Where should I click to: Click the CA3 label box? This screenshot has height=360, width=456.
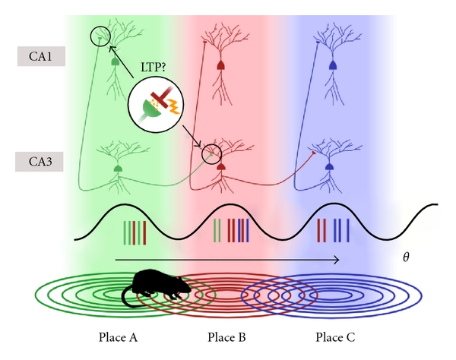point(36,160)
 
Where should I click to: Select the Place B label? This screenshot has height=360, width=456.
point(226,336)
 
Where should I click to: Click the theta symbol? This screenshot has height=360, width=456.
point(406,258)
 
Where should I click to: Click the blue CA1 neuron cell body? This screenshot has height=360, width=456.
point(332,67)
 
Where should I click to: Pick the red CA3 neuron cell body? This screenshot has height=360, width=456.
point(221,166)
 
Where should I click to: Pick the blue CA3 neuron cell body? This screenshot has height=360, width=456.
point(329,166)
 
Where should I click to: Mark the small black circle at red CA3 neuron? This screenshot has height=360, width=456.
point(211,155)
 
